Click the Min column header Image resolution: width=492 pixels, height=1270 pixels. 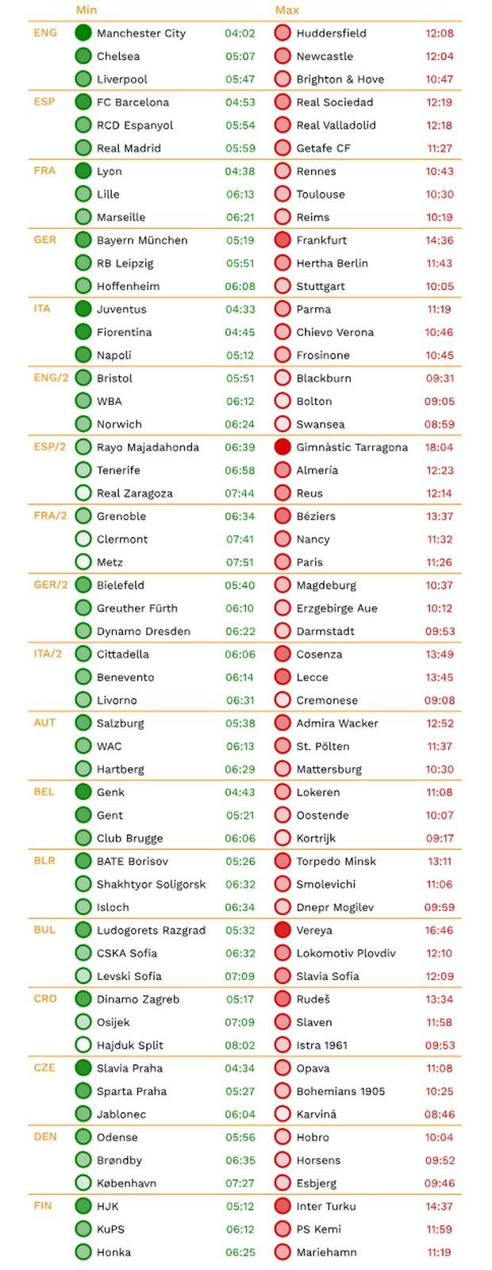(86, 10)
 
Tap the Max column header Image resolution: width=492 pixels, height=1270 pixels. (286, 10)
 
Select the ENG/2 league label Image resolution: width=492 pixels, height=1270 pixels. (50, 377)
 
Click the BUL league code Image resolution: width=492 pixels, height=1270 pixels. (44, 929)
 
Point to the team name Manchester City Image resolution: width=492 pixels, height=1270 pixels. (141, 33)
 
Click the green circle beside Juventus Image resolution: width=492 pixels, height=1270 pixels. (83, 309)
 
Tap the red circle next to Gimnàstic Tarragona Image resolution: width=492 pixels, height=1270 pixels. (283, 447)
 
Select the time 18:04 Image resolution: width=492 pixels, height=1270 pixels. (439, 447)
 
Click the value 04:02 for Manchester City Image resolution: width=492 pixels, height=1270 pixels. (240, 33)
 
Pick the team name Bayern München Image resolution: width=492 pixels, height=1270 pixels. (142, 240)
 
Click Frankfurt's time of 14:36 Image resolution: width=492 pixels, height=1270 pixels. (439, 240)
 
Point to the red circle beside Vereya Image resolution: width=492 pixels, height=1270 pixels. (283, 930)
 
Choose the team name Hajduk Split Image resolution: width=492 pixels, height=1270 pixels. (130, 1045)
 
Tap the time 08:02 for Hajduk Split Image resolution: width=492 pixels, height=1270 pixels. (240, 1045)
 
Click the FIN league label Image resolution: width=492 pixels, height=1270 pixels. (43, 1205)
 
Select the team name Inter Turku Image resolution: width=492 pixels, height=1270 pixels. (326, 1206)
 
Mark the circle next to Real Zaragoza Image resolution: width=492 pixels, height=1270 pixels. (83, 493)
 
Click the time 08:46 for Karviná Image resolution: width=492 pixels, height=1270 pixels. (439, 1114)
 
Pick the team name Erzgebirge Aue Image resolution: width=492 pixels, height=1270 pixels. (336, 608)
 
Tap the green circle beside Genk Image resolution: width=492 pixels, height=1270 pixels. (83, 792)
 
